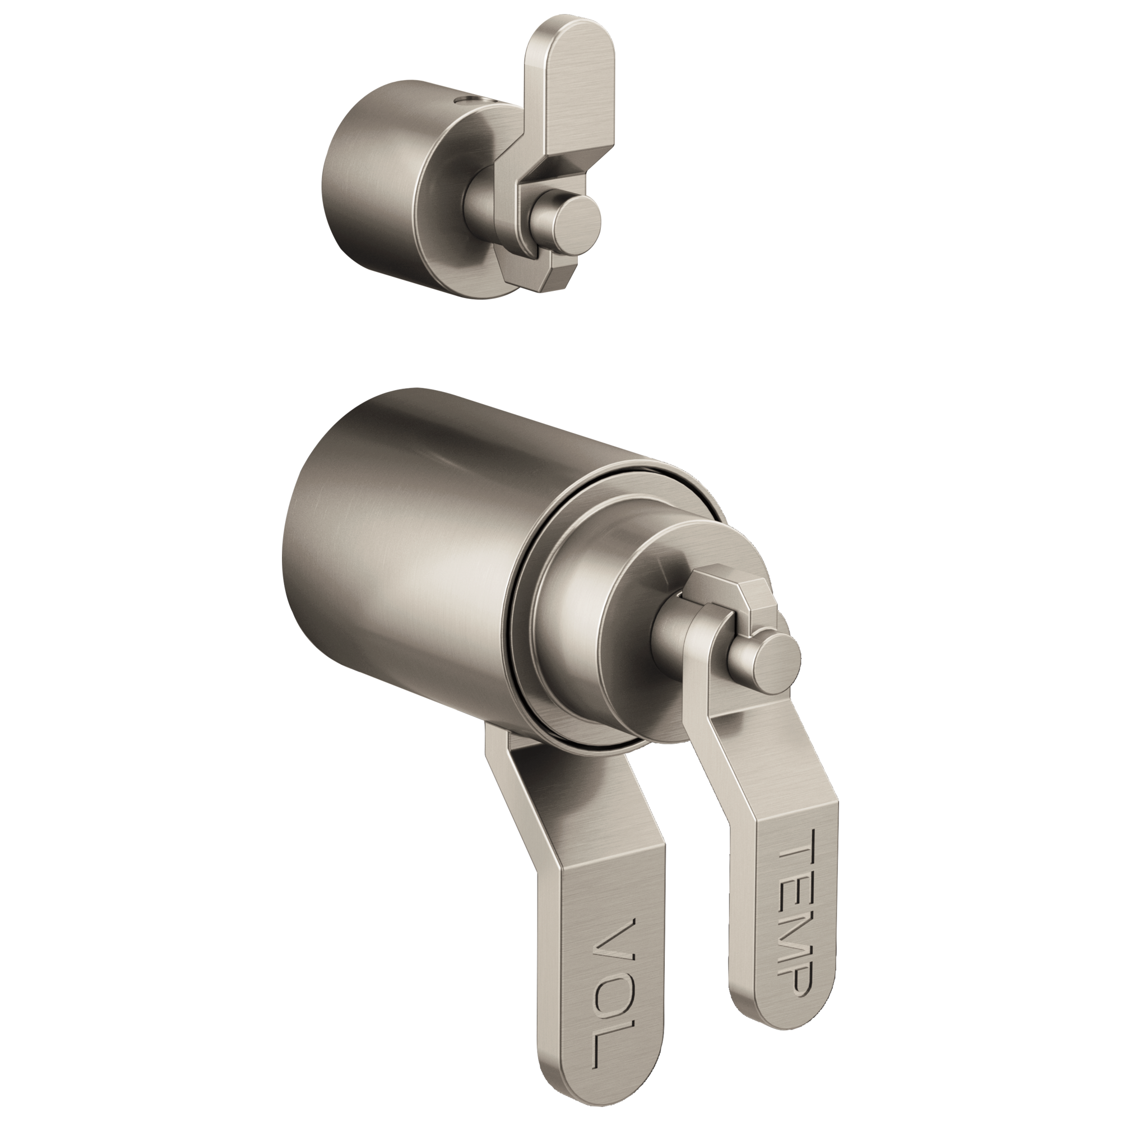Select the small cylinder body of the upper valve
[x=372, y=192]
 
